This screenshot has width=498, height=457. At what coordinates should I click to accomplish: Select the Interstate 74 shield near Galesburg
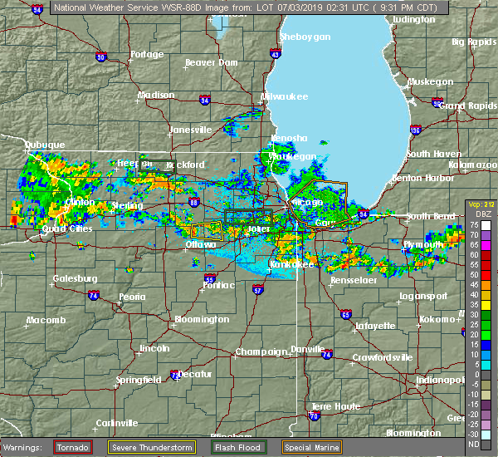coord(93,295)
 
